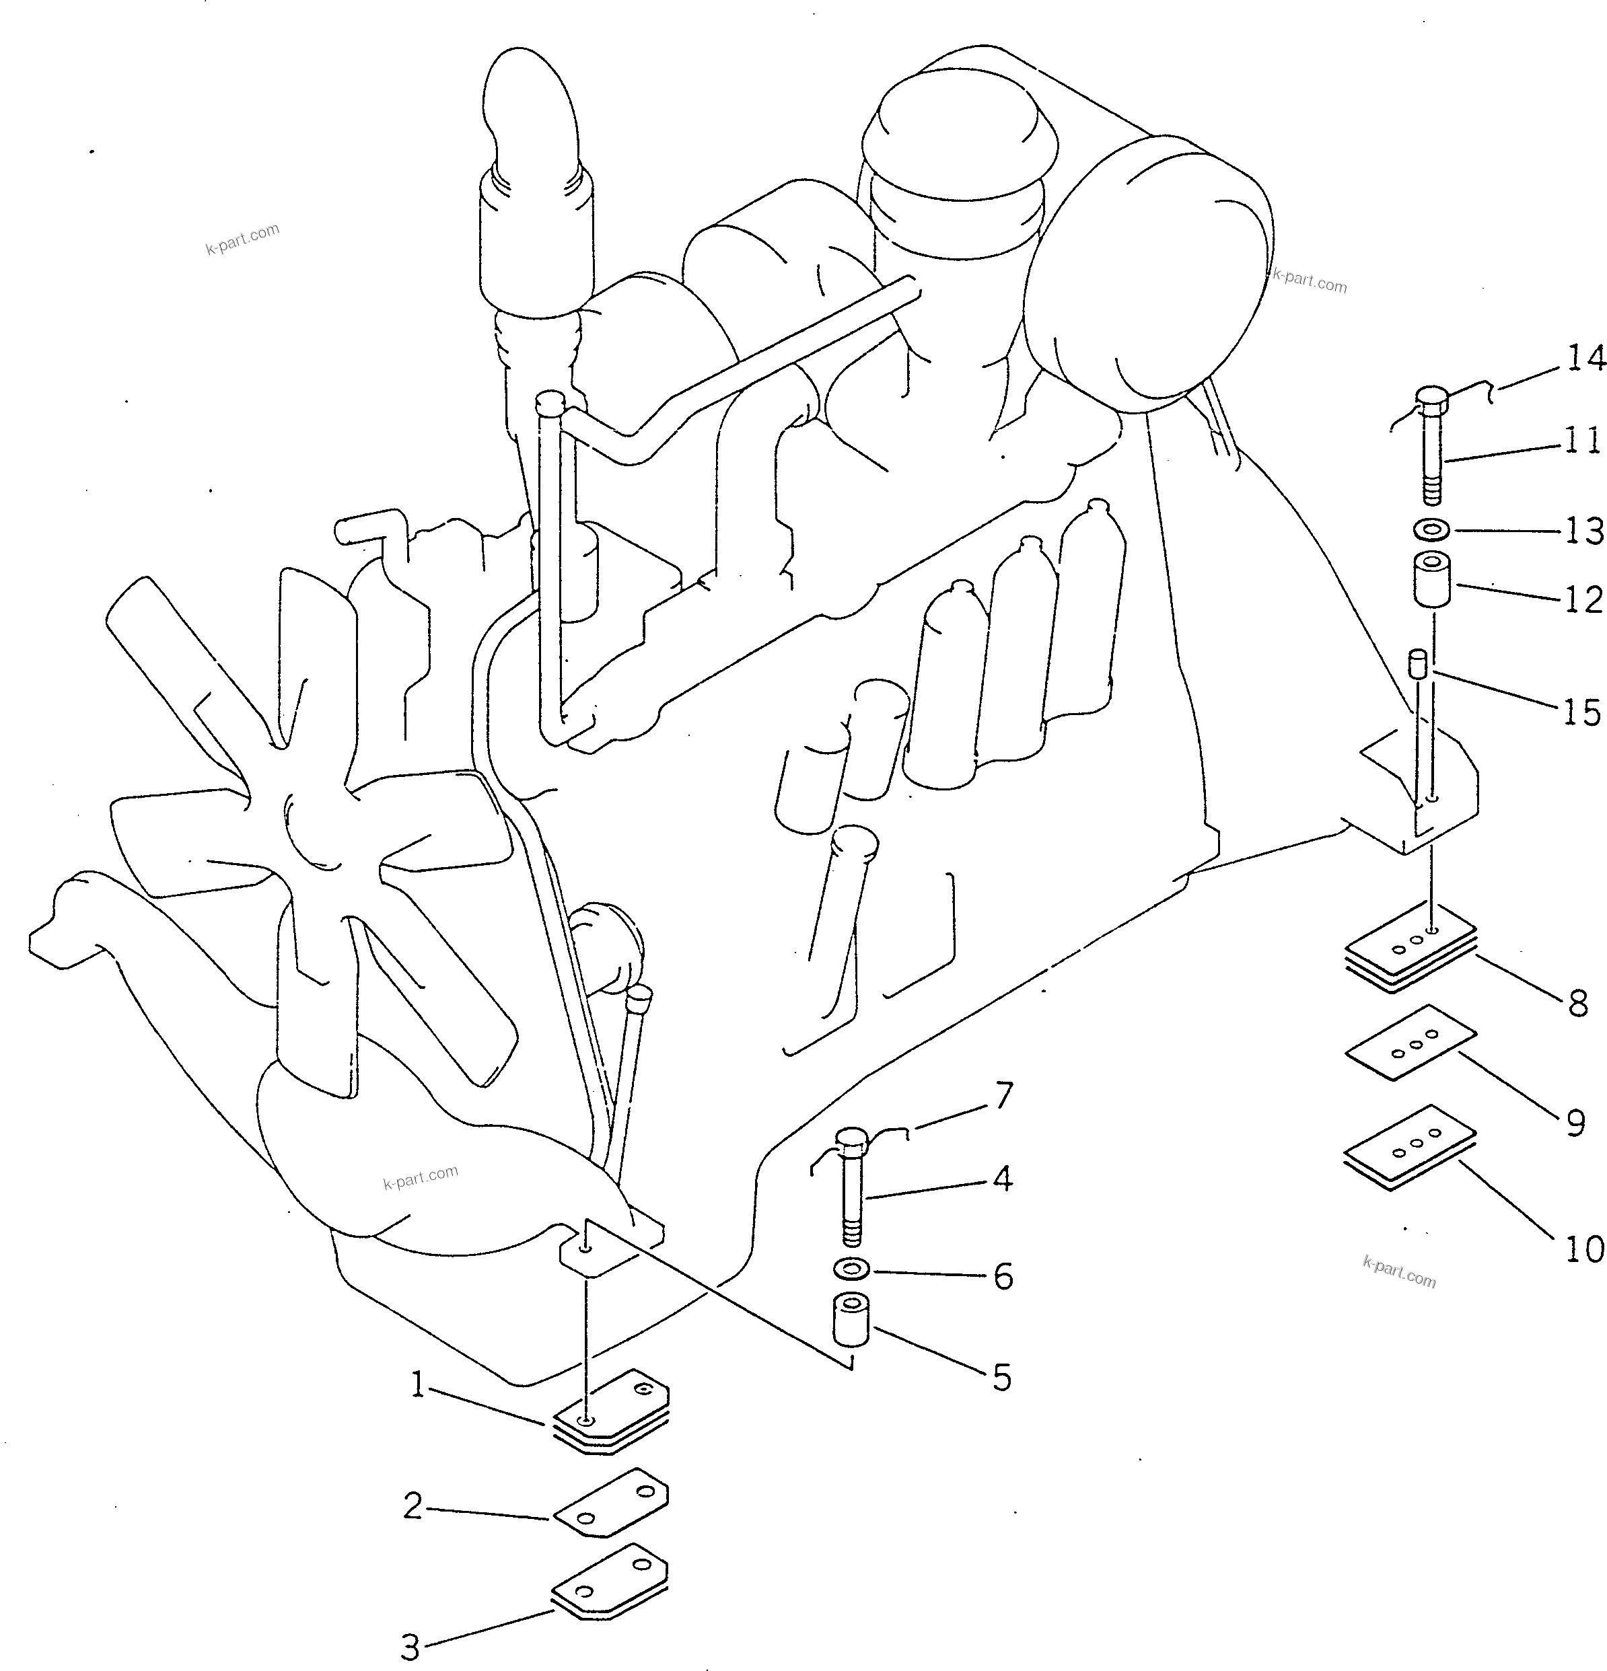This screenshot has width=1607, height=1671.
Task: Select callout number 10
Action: [1584, 1250]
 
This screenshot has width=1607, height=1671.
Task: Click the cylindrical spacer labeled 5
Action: [851, 1321]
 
